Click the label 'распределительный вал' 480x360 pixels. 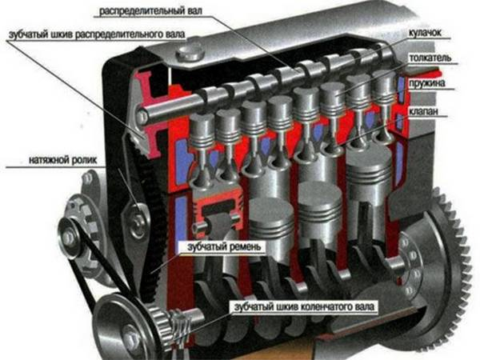point(150,11)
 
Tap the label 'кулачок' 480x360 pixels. point(426,33)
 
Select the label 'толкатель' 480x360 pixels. point(430,58)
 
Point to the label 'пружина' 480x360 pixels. point(427,83)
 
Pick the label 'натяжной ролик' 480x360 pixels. point(62,160)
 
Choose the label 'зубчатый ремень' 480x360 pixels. point(224,246)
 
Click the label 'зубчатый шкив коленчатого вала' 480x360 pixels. point(304,306)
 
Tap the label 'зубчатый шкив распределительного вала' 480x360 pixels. point(97,34)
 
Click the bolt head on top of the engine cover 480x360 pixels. point(190,52)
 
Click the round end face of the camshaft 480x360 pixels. point(141,116)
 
